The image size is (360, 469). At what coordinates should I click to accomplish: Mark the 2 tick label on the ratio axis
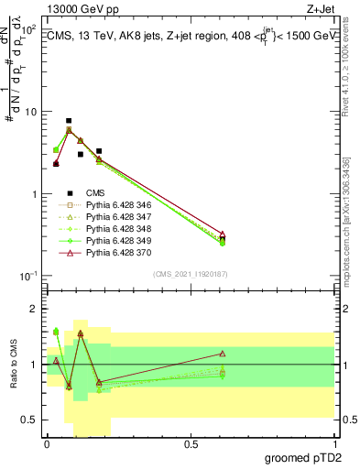click(x=34, y=310)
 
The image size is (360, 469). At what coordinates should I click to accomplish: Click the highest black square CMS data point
click(x=69, y=121)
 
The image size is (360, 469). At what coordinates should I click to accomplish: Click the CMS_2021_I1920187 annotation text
click(x=191, y=274)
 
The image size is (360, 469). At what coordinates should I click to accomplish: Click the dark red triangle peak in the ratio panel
click(x=81, y=333)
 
